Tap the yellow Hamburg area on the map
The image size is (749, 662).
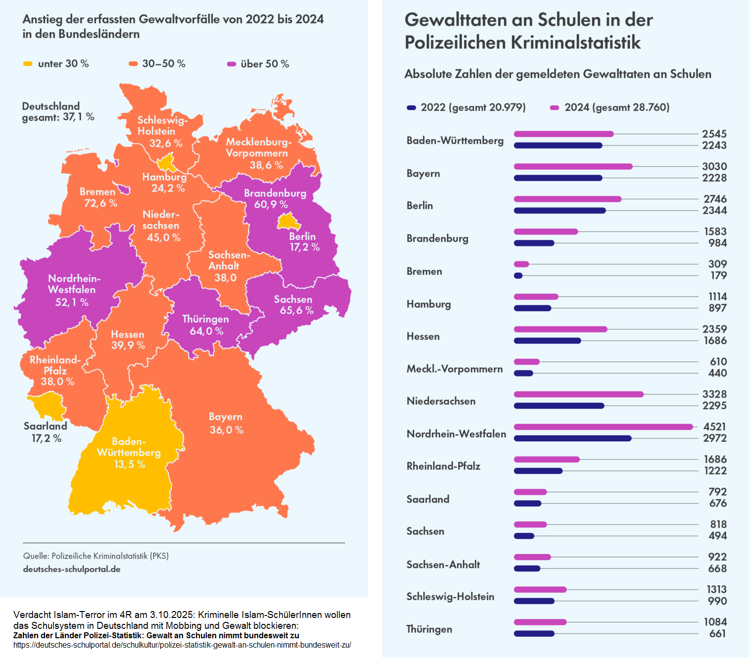coord(165,163)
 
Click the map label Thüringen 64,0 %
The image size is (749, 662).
coord(206,325)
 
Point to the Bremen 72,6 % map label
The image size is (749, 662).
coord(98,197)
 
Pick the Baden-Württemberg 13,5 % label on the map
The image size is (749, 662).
coord(129,452)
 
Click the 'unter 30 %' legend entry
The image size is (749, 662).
coord(56,64)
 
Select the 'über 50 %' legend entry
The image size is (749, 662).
coord(258,64)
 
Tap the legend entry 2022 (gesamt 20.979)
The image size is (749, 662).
coord(466,107)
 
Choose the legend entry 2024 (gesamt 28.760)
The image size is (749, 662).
coord(610,107)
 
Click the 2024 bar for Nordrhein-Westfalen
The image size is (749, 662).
coord(603,426)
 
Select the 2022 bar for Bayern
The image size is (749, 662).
coord(558,178)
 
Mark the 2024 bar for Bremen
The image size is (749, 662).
coord(521,264)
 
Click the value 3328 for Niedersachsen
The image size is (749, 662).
coord(714,394)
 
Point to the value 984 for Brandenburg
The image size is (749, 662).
coord(717,243)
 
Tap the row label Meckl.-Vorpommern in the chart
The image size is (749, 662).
coord(454,369)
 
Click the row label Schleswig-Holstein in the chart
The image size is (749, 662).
coord(450,597)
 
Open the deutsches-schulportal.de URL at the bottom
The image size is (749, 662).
coord(182,645)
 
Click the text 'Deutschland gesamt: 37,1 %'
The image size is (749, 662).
coord(58,112)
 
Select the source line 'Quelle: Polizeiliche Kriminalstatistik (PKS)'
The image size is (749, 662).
coord(96,556)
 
